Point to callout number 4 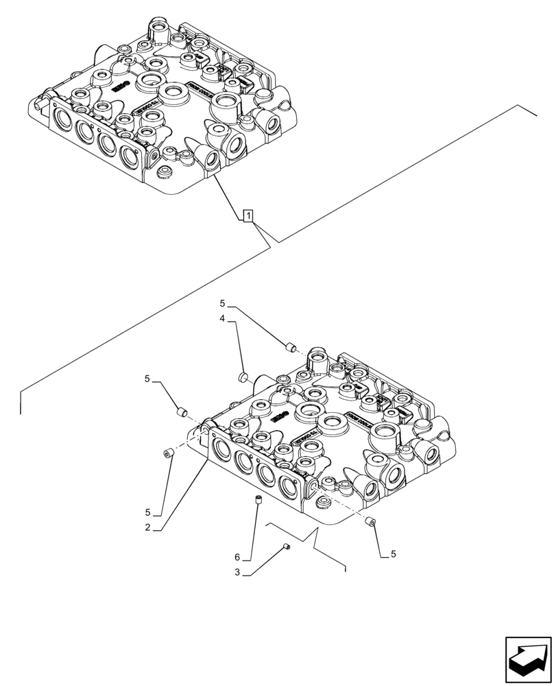pos(224,318)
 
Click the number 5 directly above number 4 pos(224,303)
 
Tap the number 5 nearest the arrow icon pos(393,554)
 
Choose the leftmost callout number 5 pos(148,379)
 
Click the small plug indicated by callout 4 pos(242,376)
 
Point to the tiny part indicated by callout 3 pos(287,546)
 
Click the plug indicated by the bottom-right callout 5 pos(370,522)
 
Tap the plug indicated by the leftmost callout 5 pos(182,412)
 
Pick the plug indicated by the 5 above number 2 pos(167,452)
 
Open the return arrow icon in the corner pos(527,660)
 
